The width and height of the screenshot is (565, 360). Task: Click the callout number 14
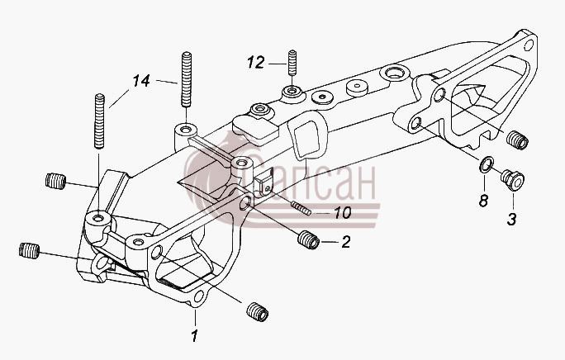(141, 81)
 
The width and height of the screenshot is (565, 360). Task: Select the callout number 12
(256, 63)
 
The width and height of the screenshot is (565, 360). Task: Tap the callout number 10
(342, 212)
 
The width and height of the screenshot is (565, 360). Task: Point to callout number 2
(346, 242)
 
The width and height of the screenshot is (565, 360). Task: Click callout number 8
(483, 201)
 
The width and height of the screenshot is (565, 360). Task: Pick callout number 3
(512, 219)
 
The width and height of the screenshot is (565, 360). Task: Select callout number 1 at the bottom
(194, 336)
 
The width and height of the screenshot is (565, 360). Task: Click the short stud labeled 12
(292, 63)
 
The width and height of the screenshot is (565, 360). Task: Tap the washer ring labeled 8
(486, 165)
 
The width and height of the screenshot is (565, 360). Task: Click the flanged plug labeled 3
(512, 180)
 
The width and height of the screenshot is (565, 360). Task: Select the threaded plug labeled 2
(308, 239)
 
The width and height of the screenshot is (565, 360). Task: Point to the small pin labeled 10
(301, 208)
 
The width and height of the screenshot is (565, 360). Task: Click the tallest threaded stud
(186, 79)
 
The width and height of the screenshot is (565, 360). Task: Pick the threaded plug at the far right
(517, 140)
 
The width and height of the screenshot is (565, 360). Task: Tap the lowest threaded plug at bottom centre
(258, 312)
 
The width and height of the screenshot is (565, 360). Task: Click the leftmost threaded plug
(29, 250)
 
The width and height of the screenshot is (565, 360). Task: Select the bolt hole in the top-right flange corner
(529, 45)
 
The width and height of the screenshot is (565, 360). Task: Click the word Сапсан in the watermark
(308, 182)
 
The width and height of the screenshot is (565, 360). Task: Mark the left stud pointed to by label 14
(99, 121)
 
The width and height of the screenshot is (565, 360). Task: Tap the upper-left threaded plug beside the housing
(56, 181)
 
